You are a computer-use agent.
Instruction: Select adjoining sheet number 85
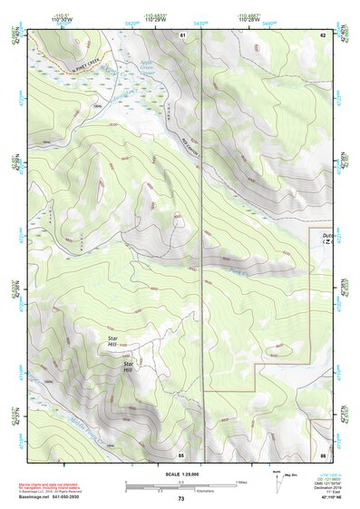point(181,454)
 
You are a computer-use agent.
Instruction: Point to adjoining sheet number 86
point(322,454)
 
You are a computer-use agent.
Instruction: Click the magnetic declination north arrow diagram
point(277,481)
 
